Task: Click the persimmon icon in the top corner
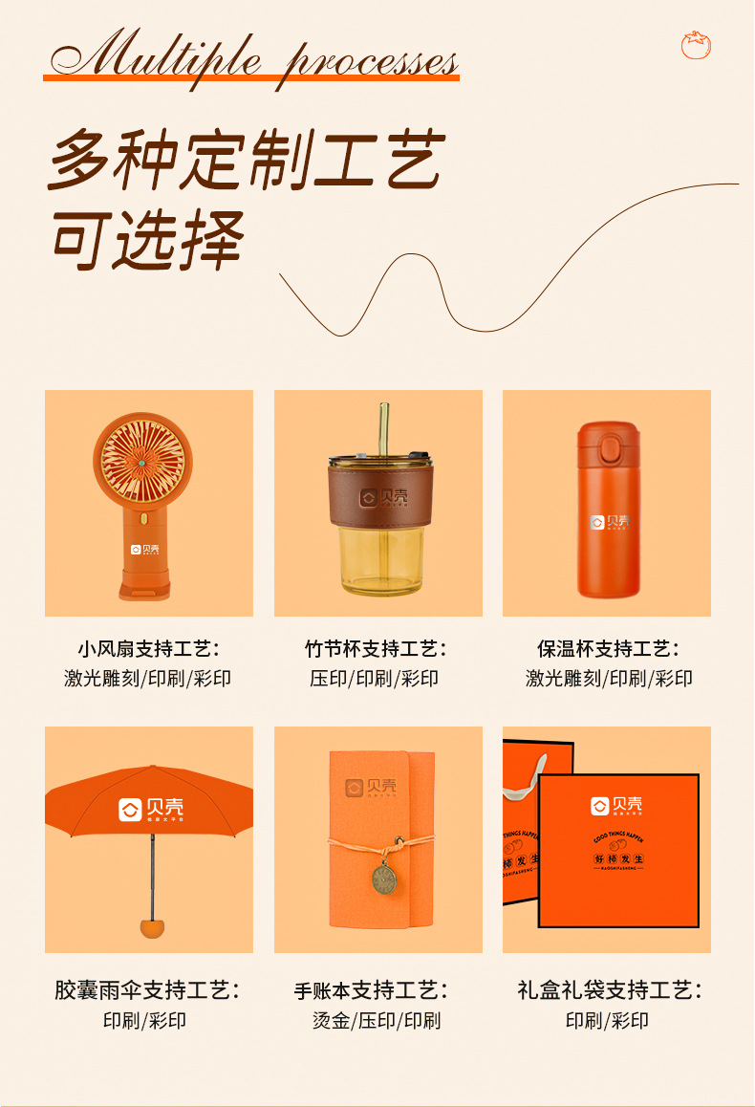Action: click(x=696, y=44)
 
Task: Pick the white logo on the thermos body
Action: click(x=609, y=522)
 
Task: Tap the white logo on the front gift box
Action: click(x=616, y=806)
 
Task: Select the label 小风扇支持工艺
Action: click(x=149, y=649)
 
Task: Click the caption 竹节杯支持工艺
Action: click(x=377, y=649)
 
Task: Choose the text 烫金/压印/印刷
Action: click(x=377, y=1020)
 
